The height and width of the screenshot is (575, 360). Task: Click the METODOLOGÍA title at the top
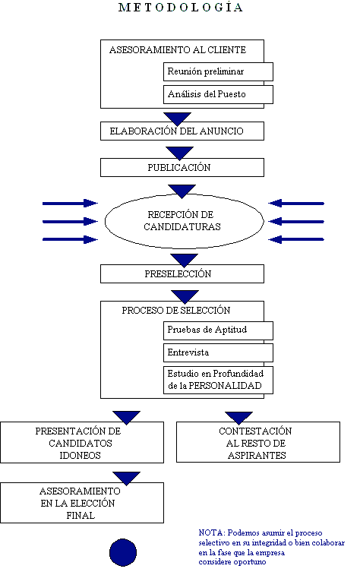tap(182, 8)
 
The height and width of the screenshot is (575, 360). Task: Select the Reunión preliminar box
tap(218, 71)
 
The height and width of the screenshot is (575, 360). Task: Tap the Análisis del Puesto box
tap(218, 95)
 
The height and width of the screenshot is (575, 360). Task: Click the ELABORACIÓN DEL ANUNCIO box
tap(182, 131)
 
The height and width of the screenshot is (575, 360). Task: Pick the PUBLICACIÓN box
tap(182, 167)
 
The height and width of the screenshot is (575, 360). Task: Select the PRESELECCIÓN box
tap(182, 273)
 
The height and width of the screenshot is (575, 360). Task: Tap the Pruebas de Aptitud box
tap(218, 330)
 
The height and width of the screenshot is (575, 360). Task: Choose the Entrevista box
tap(218, 353)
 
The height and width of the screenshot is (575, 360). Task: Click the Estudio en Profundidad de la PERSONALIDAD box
tap(218, 380)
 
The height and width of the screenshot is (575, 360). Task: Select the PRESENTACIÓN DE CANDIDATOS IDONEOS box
tap(82, 443)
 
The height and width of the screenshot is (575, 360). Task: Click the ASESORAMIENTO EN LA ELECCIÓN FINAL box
tap(82, 503)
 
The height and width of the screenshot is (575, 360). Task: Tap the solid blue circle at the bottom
tap(122, 551)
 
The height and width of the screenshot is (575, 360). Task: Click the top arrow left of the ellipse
tap(70, 203)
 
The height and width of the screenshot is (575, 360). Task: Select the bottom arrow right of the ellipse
tap(297, 239)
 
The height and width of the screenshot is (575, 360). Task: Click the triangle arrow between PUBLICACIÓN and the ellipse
tap(182, 189)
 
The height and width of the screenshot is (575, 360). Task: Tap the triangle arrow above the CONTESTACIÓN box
tap(238, 418)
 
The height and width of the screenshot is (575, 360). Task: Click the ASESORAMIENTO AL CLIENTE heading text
tap(178, 50)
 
